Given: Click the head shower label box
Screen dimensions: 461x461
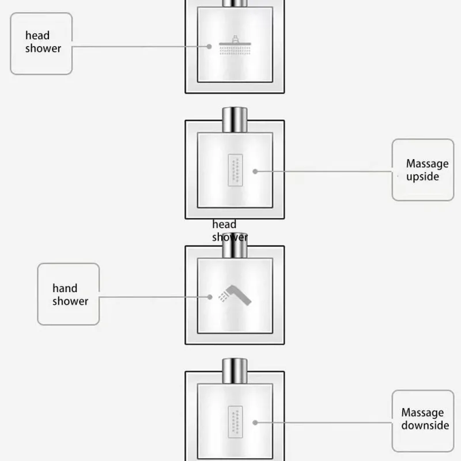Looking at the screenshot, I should click(x=41, y=44).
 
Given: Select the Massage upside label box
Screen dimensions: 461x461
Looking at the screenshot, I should click(x=422, y=169).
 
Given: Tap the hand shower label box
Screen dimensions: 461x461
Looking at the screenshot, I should click(x=69, y=294).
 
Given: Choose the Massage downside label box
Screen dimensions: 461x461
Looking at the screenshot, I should click(x=422, y=420).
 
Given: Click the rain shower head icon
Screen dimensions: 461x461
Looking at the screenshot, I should click(x=235, y=47).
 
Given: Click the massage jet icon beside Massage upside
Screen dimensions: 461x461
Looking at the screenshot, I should click(x=235, y=171).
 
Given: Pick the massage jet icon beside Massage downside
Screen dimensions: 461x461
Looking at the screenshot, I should click(x=235, y=422).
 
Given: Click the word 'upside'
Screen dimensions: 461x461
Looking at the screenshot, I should click(x=422, y=177).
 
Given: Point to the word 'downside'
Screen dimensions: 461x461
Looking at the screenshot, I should click(x=425, y=426).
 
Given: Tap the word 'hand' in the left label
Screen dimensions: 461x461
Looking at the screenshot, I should click(x=65, y=288).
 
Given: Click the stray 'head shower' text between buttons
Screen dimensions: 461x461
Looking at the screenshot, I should click(x=229, y=231).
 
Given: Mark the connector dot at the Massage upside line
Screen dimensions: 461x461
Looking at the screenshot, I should click(x=255, y=171).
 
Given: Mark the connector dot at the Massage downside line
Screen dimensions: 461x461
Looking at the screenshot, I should click(x=255, y=422).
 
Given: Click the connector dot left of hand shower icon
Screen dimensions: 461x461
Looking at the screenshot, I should click(x=211, y=297).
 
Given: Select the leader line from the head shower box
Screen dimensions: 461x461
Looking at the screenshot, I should click(x=138, y=47).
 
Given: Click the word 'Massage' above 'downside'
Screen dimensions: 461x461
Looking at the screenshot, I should click(x=422, y=413).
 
